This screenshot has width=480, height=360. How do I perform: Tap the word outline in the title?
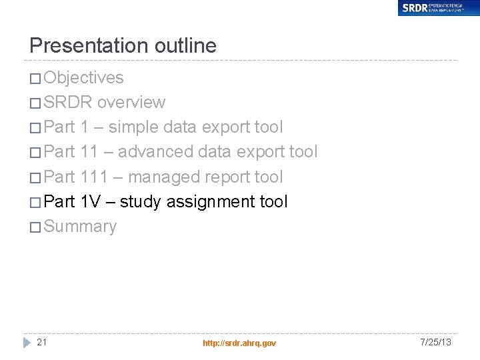pyautogui.click(x=186, y=45)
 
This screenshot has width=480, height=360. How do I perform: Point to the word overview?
pyautogui.click(x=131, y=103)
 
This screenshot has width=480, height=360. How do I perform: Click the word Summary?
pyautogui.click(x=80, y=227)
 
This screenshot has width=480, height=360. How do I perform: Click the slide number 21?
pyautogui.click(x=42, y=342)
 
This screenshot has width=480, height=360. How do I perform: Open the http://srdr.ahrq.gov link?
pyautogui.click(x=239, y=343)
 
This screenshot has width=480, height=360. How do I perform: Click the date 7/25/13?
pyautogui.click(x=436, y=342)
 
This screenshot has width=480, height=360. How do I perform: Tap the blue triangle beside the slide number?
pyautogui.click(x=27, y=342)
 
